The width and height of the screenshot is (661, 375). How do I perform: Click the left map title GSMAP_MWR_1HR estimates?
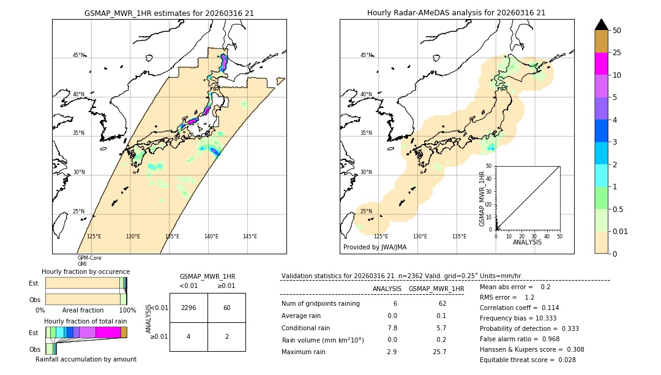coord(169,13)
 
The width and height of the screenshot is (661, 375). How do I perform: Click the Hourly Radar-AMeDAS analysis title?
coord(456,13)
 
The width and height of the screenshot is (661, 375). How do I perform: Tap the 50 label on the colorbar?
coord(617,31)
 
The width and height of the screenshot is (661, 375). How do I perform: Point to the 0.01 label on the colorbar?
coord(621,231)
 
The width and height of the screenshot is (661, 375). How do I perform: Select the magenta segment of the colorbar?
coord(601,64)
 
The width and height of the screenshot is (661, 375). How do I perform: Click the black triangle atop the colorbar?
coord(601,25)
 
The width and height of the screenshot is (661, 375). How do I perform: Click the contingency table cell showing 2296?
coord(189,308)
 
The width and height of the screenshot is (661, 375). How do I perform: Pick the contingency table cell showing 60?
coord(226,308)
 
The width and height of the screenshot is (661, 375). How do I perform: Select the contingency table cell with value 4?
coord(189,336)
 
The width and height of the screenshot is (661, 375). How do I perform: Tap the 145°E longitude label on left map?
coord(250,237)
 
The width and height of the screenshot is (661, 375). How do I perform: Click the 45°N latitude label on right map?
coord(366,55)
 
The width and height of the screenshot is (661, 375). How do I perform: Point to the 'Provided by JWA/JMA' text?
coord(375,247)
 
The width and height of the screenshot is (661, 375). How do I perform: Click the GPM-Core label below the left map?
coord(89,258)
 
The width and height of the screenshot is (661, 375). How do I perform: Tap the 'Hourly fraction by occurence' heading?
coord(86,271)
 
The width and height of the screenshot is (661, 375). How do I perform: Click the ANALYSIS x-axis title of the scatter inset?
coord(527,242)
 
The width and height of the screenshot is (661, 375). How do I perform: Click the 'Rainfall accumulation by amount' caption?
coord(86,360)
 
